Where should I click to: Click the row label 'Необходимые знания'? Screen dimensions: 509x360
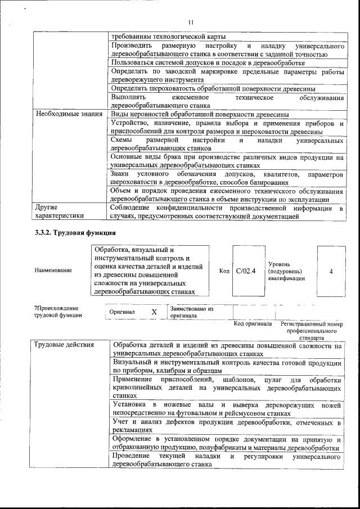(x=69, y=114)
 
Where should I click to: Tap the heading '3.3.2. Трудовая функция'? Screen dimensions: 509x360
(x=75, y=232)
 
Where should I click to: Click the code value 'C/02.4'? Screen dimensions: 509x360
(x=246, y=271)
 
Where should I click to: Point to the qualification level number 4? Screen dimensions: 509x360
(x=331, y=271)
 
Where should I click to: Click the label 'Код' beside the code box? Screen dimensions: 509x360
(x=224, y=271)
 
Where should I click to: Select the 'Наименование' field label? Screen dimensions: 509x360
(x=53, y=271)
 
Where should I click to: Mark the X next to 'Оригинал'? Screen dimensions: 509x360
(x=154, y=311)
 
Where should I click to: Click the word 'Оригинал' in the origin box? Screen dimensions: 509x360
(x=121, y=312)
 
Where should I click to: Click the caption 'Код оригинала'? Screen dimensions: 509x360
(x=253, y=324)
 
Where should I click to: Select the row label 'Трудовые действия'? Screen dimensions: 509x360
(x=64, y=345)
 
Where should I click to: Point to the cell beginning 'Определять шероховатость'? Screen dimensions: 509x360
(x=213, y=89)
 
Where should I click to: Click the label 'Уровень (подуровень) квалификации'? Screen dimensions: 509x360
(x=286, y=271)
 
